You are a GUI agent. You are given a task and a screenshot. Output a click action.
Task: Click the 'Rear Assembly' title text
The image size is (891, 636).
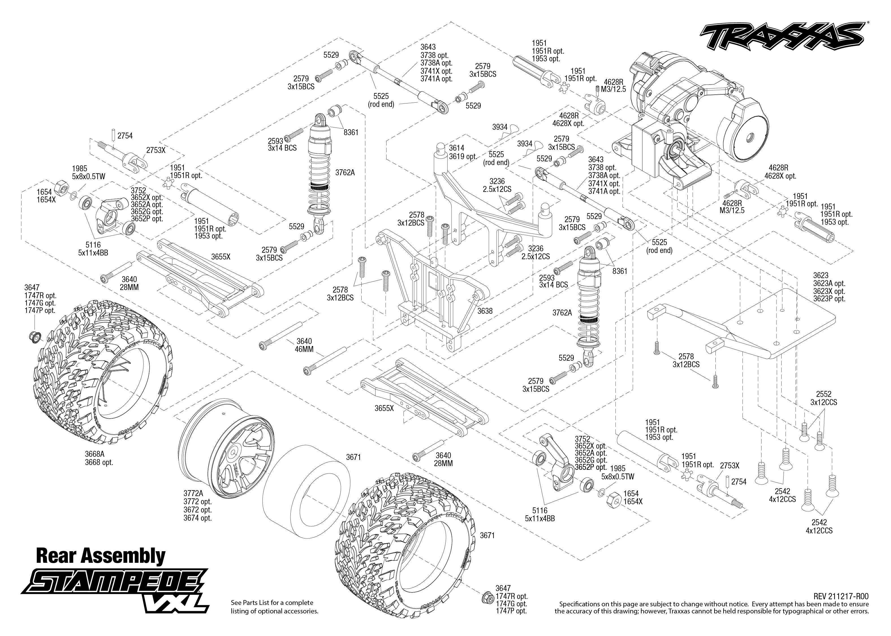pos(101,556)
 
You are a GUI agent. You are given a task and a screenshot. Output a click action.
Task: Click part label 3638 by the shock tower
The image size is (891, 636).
pos(485,311)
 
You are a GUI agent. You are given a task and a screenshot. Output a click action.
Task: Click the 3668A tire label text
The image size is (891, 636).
pos(99,458)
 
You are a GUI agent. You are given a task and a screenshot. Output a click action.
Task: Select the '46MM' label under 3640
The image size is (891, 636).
pos(304,349)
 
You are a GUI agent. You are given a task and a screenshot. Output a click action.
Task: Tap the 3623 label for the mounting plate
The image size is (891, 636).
pos(821,276)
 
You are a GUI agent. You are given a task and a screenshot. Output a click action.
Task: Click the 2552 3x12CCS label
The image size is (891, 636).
pos(824,398)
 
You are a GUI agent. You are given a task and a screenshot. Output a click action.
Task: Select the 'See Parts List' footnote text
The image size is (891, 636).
pos(275,606)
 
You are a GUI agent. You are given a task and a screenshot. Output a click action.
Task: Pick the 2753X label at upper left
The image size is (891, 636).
pos(156,150)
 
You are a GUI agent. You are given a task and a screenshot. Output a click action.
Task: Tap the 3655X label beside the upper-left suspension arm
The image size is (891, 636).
pos(221,257)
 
